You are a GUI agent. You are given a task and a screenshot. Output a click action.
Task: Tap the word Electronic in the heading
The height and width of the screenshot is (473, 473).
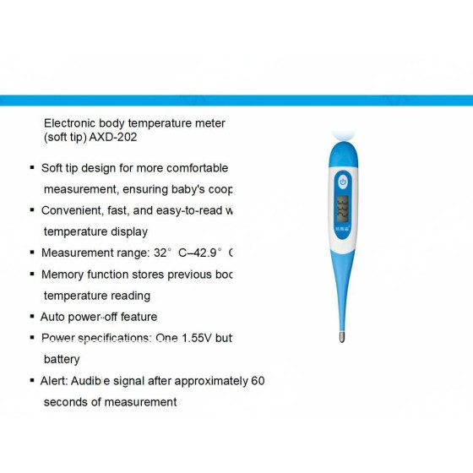click(72, 123)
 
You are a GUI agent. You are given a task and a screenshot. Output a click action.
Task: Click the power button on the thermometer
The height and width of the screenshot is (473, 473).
click(342, 182)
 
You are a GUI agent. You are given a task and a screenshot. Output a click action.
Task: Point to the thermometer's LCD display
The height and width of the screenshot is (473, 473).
click(342, 207)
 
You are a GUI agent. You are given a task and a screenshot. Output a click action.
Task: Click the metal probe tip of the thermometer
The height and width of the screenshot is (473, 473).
click(341, 336)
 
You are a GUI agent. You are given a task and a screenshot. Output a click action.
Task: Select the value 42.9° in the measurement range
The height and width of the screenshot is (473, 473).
click(208, 253)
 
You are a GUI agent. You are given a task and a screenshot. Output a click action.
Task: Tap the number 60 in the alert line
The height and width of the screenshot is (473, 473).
click(258, 381)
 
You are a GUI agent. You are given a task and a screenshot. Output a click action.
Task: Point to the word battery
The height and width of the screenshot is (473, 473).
click(62, 359)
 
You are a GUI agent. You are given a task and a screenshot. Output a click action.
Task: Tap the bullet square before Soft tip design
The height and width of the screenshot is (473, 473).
click(32, 168)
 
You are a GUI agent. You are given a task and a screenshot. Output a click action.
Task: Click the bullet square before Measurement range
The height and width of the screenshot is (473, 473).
click(32, 253)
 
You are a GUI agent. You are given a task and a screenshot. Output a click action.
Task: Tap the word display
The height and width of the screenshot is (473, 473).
click(129, 231)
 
